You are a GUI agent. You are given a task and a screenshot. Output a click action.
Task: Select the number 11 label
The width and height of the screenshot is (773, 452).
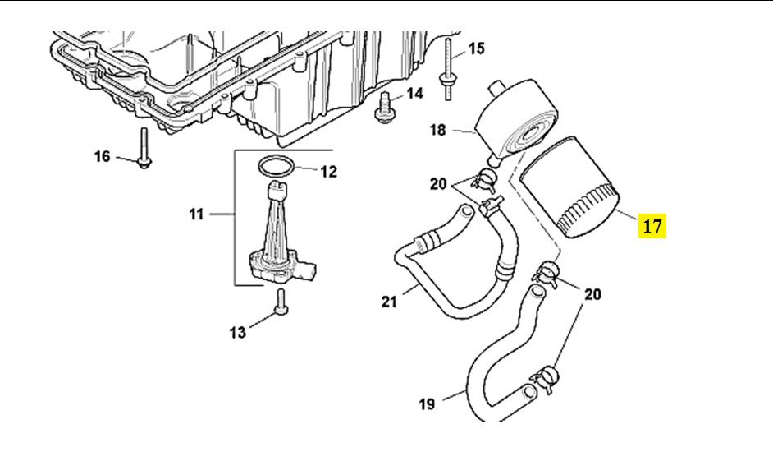point(195,214)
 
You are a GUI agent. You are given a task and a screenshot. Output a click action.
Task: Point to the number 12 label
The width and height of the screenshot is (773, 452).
point(328,172)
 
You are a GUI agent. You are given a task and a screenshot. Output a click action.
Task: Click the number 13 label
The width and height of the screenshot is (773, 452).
point(237,332)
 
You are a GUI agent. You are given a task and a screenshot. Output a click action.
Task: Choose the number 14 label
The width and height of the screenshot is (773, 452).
point(414,94)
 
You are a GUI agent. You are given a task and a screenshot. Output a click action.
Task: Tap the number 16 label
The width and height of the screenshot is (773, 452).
point(102,155)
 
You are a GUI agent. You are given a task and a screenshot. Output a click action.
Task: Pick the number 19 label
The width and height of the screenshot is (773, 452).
point(426,404)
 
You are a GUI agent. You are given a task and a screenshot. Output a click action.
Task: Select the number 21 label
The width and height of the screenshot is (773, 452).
point(388,302)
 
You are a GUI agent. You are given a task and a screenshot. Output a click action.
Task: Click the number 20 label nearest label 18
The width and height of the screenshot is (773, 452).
point(438,183)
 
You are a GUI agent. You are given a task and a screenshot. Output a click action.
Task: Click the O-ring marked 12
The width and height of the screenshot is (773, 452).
point(273,167)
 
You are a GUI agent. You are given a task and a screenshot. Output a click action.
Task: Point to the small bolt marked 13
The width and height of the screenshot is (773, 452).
point(281,302)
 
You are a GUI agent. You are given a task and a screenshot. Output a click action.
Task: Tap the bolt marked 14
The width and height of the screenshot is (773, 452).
point(383,109)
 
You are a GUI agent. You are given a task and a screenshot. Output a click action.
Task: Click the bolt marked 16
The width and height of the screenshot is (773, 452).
point(144,150)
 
